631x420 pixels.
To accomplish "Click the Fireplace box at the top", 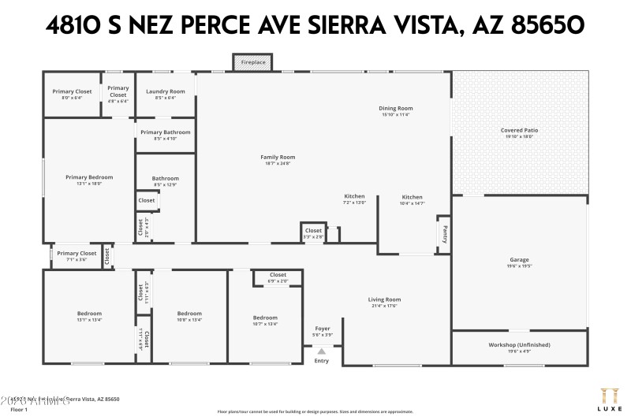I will (252, 61).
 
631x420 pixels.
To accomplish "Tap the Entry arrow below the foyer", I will (321, 351).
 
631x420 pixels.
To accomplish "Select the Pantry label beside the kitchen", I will (443, 234).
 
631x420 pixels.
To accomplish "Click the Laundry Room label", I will (166, 91).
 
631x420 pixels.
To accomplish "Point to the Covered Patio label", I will (519, 130).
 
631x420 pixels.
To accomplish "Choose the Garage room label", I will (519, 259).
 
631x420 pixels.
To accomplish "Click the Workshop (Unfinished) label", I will (519, 344).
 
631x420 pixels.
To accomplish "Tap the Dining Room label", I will (396, 108).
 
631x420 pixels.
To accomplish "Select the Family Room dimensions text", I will (278, 163).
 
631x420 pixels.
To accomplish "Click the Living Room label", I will (385, 299).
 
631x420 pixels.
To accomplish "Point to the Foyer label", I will (323, 328).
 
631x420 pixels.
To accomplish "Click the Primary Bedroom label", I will (89, 177).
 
